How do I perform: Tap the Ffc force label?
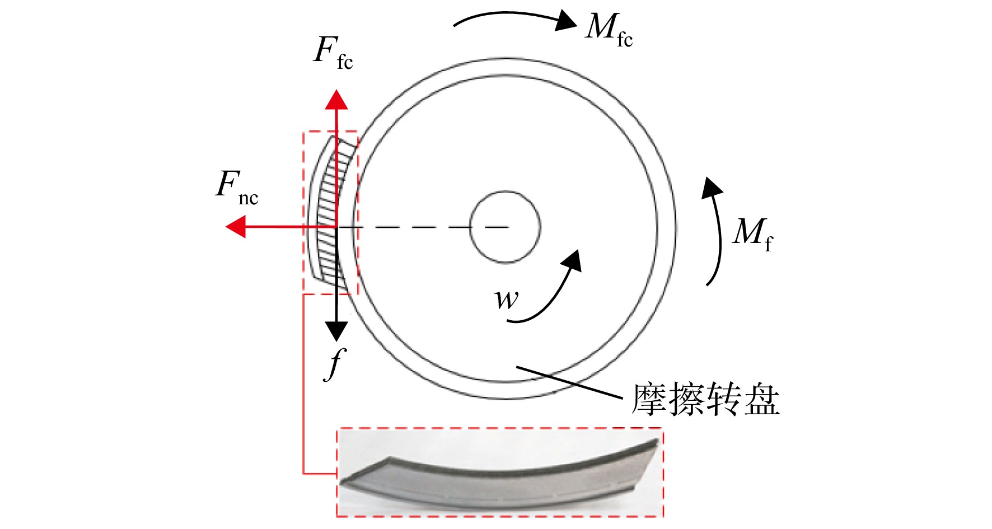(x=334, y=53)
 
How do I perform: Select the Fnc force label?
(x=237, y=188)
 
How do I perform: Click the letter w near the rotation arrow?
(x=507, y=299)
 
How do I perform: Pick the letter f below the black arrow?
(x=335, y=364)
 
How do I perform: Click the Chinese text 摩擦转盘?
(x=706, y=399)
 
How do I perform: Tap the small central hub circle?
(x=505, y=227)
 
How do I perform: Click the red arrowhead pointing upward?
(x=336, y=99)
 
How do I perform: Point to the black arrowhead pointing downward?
(x=336, y=331)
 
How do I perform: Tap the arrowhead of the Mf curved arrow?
(x=712, y=188)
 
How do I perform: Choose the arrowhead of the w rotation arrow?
(x=572, y=261)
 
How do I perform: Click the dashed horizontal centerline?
(x=423, y=227)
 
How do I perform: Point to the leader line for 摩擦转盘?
(x=570, y=382)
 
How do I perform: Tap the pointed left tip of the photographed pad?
(x=341, y=482)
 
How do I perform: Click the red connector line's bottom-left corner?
(x=303, y=474)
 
